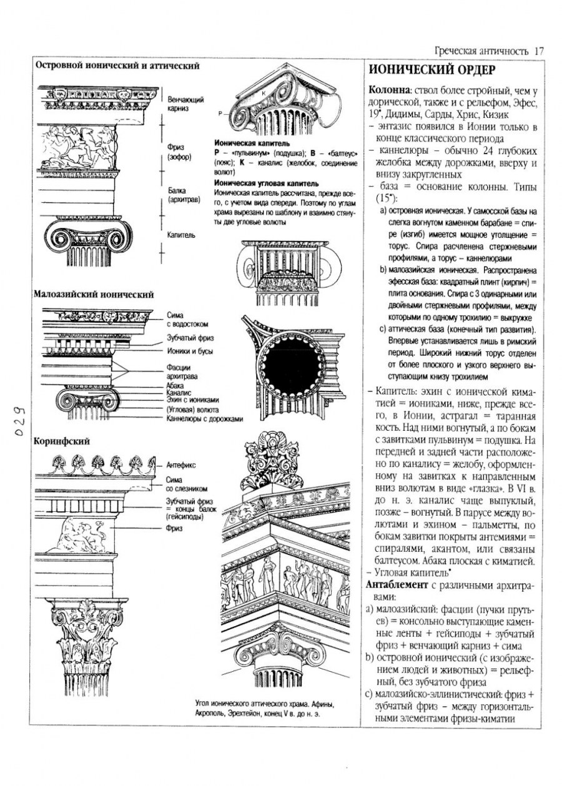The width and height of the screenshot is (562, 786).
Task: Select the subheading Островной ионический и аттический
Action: coord(117,65)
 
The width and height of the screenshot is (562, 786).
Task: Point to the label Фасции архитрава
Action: coord(183,372)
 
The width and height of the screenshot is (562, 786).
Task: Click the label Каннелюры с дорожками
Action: coord(204,418)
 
